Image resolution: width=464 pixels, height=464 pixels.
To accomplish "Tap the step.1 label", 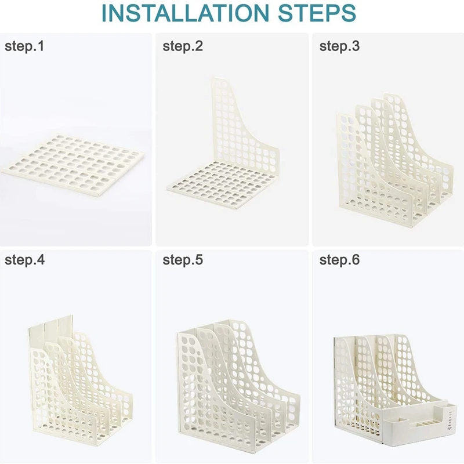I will pos(24,46).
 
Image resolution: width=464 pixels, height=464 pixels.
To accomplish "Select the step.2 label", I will pos(183,46).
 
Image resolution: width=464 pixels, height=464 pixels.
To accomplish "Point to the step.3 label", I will pos(339,46).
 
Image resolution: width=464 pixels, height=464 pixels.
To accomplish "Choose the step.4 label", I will pos(24,260).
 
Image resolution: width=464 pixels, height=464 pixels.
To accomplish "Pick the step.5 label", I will pos(183,260).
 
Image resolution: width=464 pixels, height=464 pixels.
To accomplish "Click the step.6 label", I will pos(339,260).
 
